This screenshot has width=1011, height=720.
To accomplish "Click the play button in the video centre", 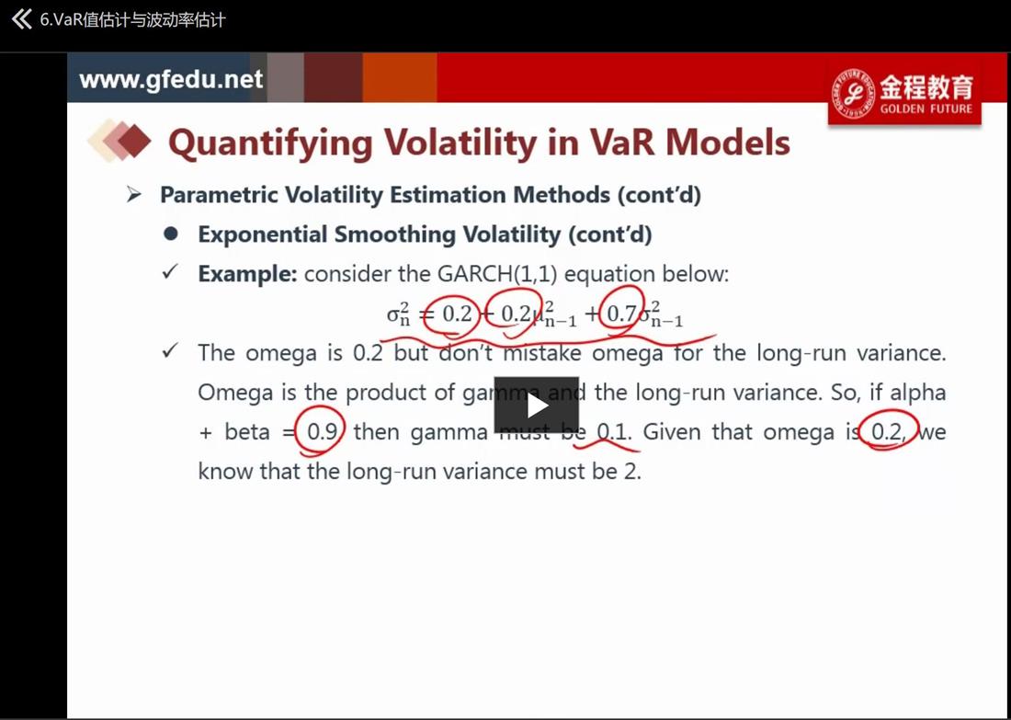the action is tap(537, 406).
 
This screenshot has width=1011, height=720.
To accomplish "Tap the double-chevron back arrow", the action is tap(21, 19).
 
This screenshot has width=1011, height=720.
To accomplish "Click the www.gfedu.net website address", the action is tap(171, 79).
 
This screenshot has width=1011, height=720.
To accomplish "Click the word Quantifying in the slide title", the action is tap(271, 143).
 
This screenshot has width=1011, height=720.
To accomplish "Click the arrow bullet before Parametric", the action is tap(133, 194).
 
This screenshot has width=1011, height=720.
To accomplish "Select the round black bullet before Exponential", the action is tap(171, 234).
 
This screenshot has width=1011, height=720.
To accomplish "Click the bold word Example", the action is tap(247, 274).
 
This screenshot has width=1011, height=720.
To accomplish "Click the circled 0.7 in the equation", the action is tap(622, 314).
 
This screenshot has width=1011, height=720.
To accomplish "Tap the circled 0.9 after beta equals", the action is tap(322, 431).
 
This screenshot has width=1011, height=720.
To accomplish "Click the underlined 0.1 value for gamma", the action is tap(612, 431).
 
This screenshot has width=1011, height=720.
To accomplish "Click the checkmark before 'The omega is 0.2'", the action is tap(170, 351).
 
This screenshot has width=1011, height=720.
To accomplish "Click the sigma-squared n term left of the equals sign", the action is tap(399, 314).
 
